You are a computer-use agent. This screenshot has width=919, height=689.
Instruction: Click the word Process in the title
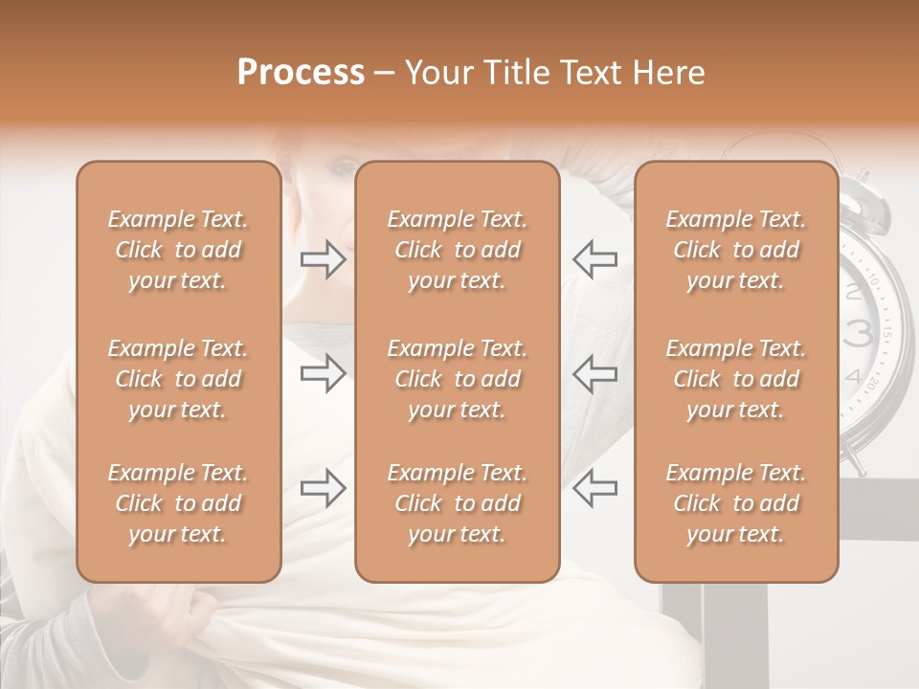coord(301,73)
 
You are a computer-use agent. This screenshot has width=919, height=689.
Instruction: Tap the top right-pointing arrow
coord(323,259)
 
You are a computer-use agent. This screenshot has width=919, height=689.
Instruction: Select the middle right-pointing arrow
coord(323,373)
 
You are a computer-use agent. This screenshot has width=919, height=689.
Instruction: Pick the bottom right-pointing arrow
coord(323,488)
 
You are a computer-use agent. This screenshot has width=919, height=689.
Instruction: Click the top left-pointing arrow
coord(595,259)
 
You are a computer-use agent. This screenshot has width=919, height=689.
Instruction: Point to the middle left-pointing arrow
coord(595,373)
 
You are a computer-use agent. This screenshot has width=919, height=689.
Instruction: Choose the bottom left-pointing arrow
coord(595,488)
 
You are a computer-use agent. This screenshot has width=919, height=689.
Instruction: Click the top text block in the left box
coord(178,250)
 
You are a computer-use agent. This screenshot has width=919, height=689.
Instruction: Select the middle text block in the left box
coord(178,379)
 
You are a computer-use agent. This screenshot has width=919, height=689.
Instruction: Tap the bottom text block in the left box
coord(178,503)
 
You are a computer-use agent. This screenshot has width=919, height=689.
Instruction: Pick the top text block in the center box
coord(458,250)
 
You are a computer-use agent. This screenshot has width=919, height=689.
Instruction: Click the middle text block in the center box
coord(458,379)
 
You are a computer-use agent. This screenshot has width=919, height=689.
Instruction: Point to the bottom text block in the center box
coord(458,503)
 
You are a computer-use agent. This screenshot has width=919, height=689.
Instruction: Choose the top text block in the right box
coord(736,250)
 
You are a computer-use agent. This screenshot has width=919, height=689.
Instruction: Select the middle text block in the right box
coord(736,379)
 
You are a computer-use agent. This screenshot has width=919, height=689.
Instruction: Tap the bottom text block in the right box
coord(736,503)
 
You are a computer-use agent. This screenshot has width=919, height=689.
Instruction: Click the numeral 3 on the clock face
coord(859,332)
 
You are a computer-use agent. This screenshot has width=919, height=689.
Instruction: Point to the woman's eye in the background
coord(342,168)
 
